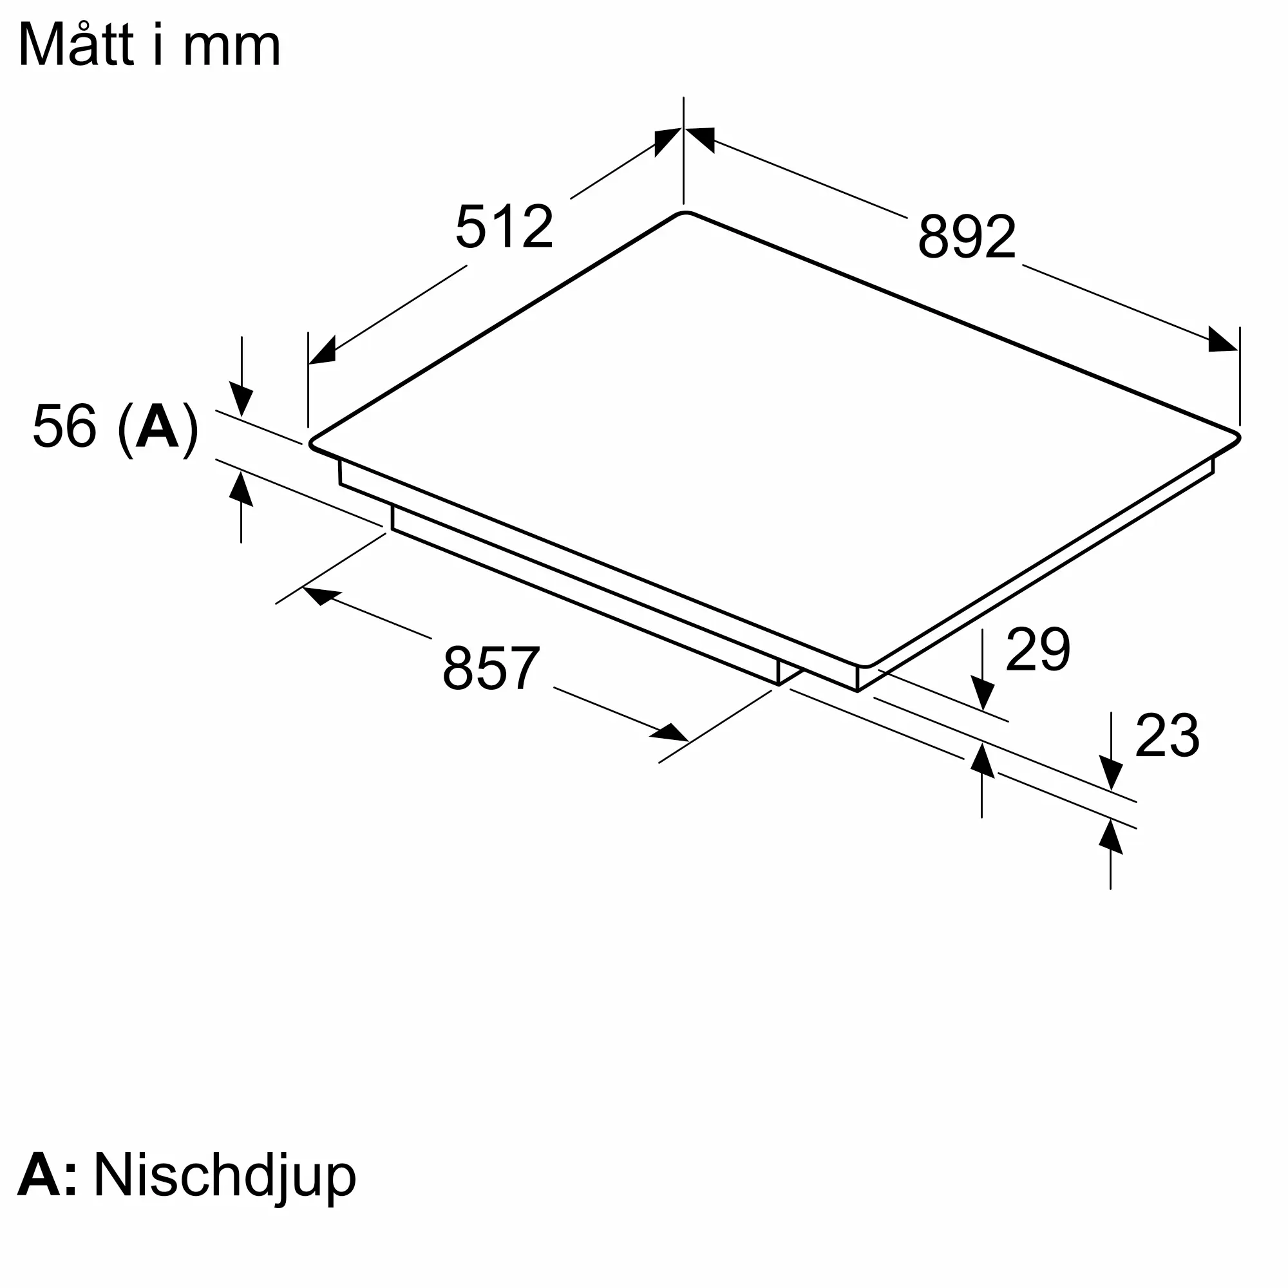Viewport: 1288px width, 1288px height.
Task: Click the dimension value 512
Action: [x=504, y=227]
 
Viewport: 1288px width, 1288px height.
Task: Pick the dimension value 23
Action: [x=1168, y=735]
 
